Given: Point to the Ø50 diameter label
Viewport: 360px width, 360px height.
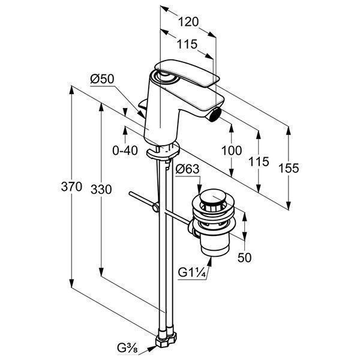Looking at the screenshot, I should [x=102, y=78].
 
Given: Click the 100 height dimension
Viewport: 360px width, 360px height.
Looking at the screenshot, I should [x=232, y=150].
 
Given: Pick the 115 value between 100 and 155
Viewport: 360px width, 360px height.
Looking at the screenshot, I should [x=259, y=162].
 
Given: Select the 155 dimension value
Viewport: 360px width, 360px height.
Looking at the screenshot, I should [x=289, y=169].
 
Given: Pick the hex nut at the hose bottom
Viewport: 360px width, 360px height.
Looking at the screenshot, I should [x=165, y=340].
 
